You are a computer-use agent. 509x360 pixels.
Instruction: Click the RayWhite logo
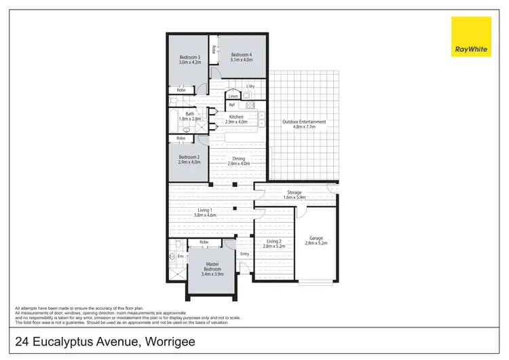[x=471, y=37]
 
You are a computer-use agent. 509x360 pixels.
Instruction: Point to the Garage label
[x=316, y=238]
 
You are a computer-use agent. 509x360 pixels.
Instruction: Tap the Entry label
[x=244, y=254]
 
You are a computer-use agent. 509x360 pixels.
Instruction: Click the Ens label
[x=181, y=257]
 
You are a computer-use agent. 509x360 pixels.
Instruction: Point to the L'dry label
[x=250, y=86]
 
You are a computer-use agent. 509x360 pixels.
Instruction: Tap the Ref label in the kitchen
[x=231, y=105]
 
